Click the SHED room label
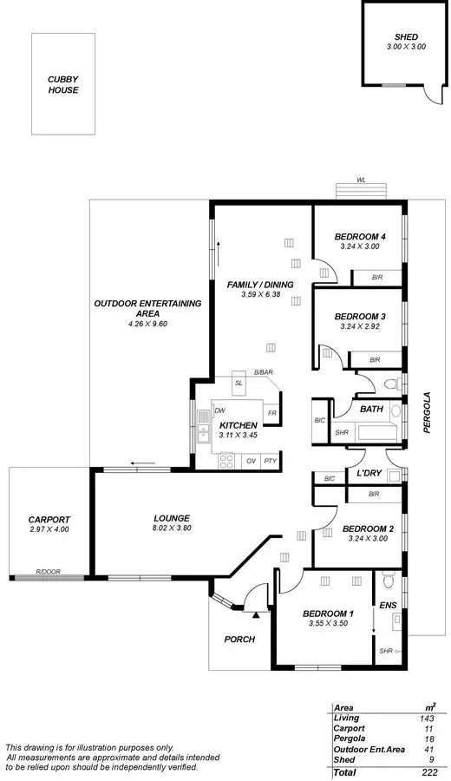tap(405, 37)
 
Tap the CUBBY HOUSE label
tap(62, 84)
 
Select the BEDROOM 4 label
tap(360, 237)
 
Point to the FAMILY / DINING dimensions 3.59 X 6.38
tap(260, 295)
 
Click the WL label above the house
tap(360, 180)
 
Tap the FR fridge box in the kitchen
tap(272, 414)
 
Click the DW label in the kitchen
tap(221, 410)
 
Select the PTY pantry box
tap(271, 461)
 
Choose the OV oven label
tap(251, 461)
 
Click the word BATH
tap(371, 409)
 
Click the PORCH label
tap(239, 640)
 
